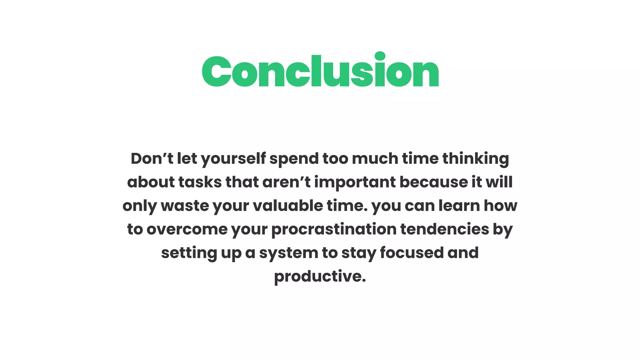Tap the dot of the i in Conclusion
point(380,56)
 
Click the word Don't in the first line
point(152,158)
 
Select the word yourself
point(233,159)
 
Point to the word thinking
point(476,159)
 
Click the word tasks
point(200,182)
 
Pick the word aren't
point(286,182)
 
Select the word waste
point(185,206)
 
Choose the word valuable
point(287,206)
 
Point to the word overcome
point(187,229)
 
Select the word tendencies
point(444,229)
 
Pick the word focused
point(412,252)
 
